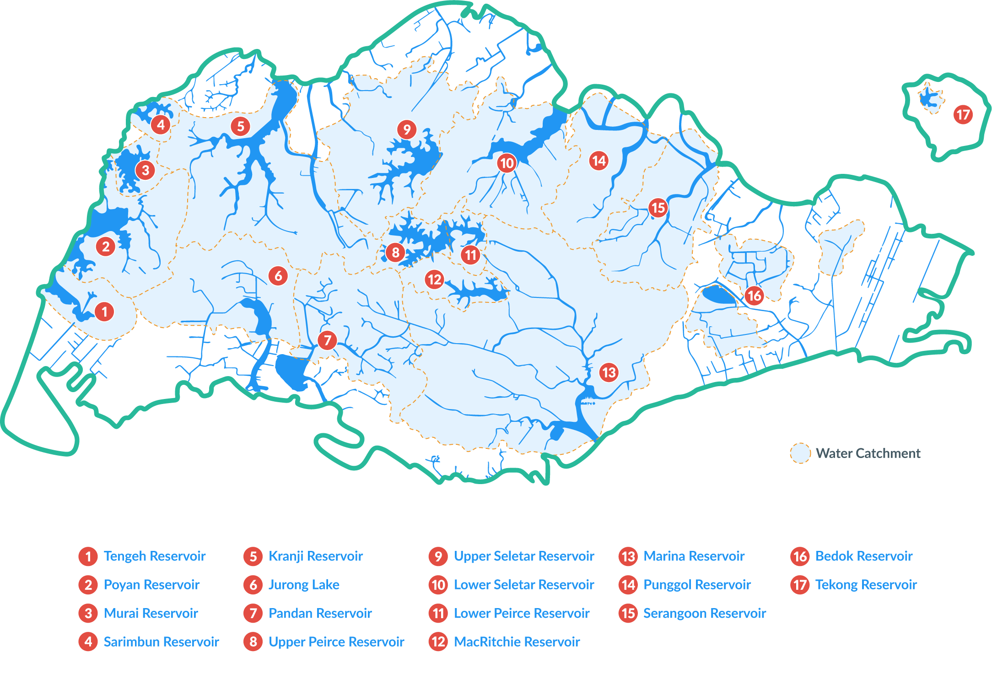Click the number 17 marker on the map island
[963, 114]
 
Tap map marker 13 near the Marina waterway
[609, 372]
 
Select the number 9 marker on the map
[407, 129]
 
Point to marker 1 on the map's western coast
[104, 312]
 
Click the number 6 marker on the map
[278, 276]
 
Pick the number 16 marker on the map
[754, 296]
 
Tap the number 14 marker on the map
[598, 161]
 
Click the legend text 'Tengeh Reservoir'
[155, 556]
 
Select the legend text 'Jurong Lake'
[304, 585]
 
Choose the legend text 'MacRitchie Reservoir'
[517, 642]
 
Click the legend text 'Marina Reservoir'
[694, 556]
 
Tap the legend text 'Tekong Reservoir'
[866, 585]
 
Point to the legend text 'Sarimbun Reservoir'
[161, 642]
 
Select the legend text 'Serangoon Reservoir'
[704, 614]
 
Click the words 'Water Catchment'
[868, 453]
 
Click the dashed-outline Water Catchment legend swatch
[800, 453]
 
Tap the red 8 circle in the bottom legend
[253, 642]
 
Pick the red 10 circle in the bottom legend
[438, 585]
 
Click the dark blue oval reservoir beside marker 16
[718, 295]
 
